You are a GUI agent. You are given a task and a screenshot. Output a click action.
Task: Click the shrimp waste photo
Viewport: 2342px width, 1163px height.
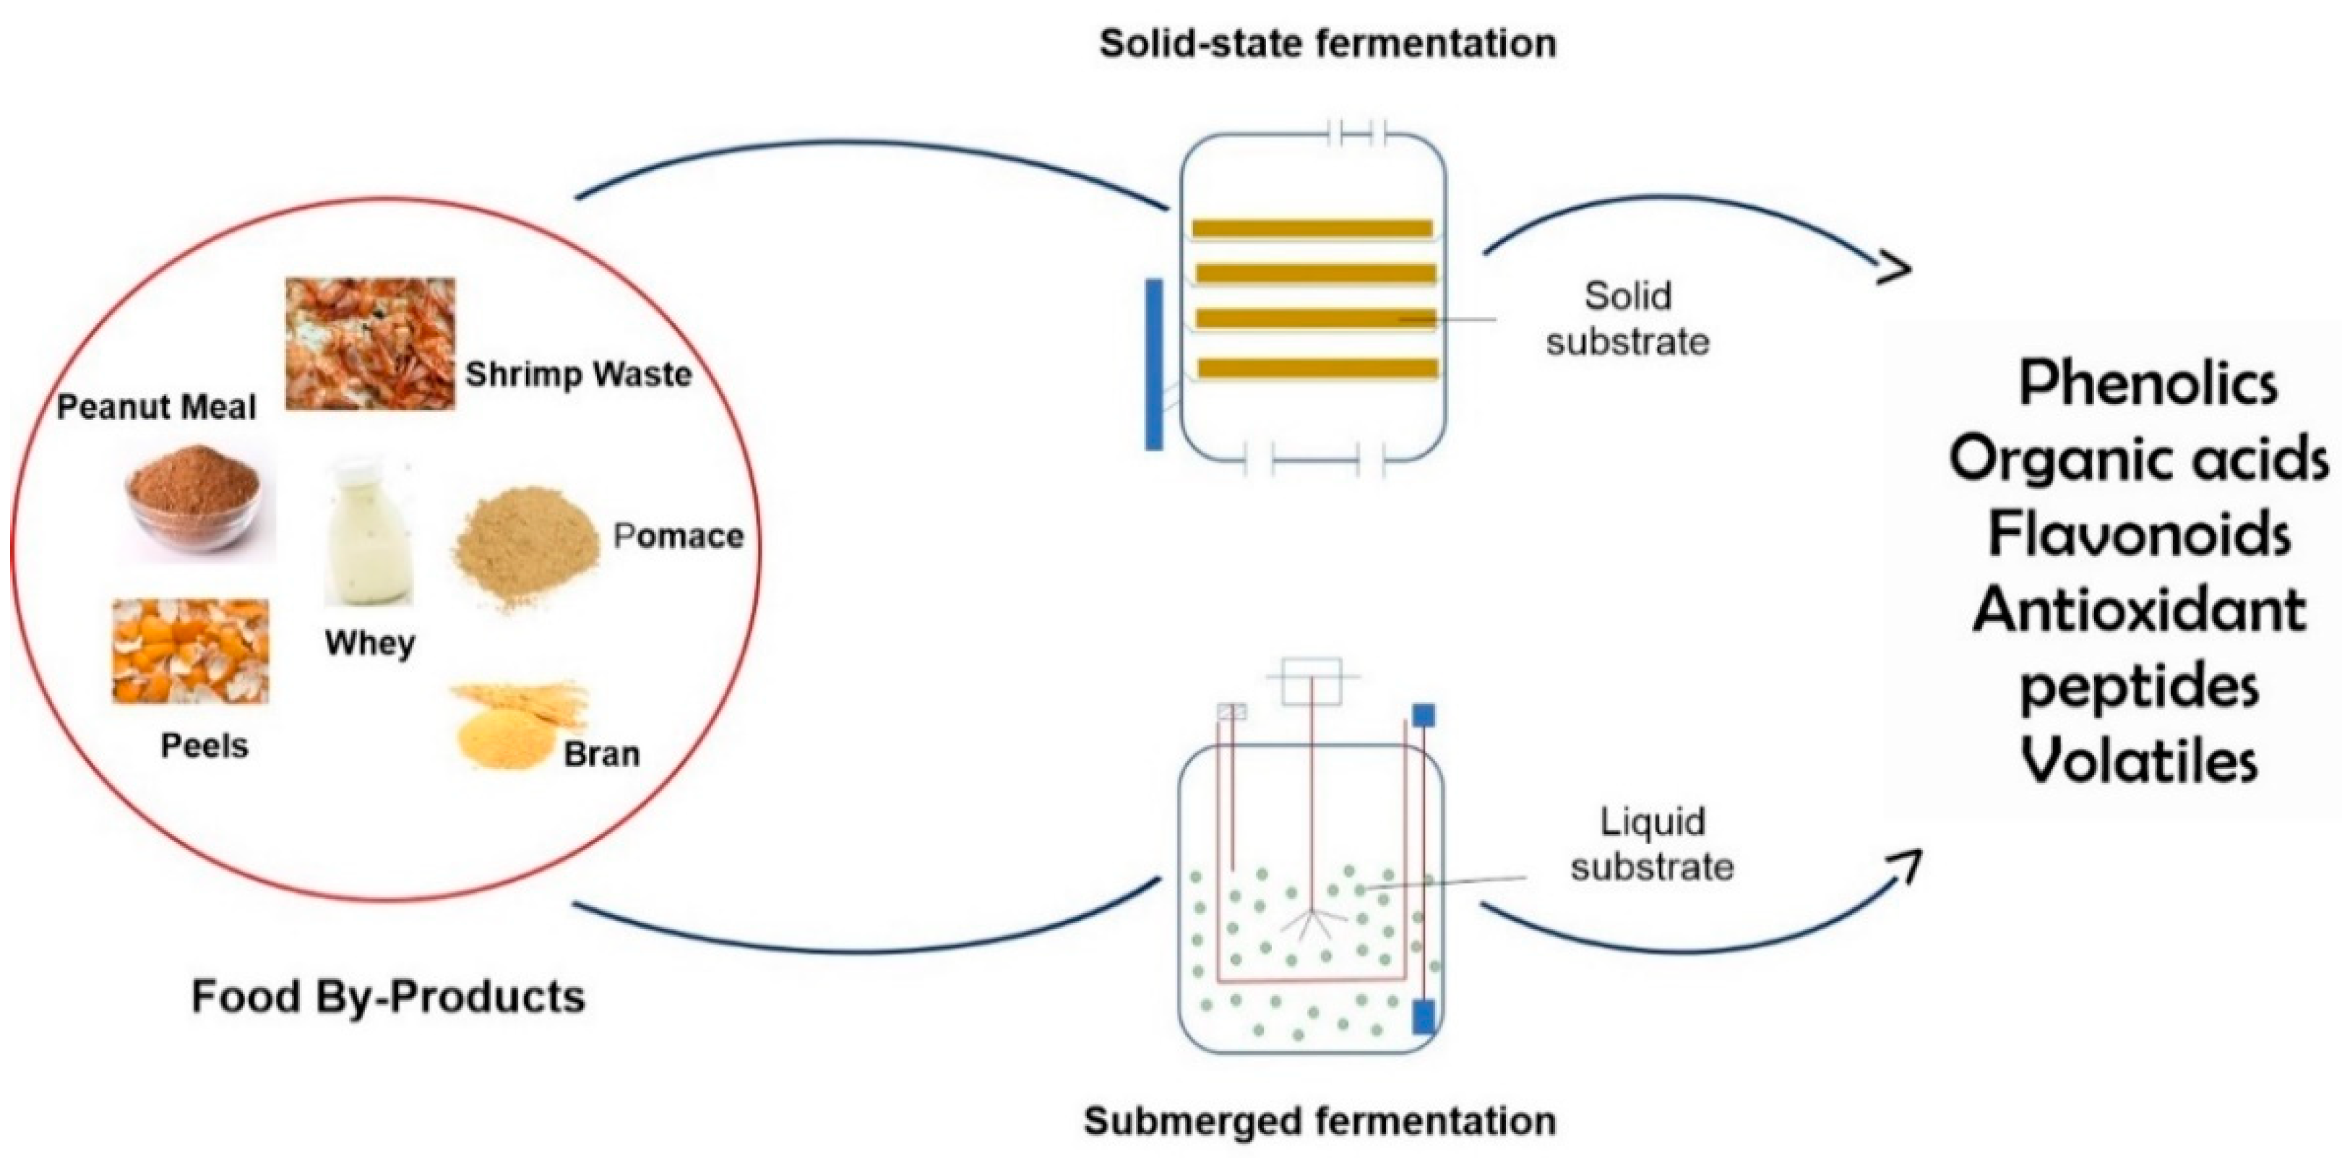click(370, 344)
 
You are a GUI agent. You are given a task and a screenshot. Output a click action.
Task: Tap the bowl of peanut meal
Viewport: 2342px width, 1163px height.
click(194, 498)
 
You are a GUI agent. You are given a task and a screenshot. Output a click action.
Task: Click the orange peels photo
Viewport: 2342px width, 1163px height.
click(190, 651)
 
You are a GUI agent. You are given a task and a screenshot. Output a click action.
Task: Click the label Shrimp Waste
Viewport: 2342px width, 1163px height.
click(578, 374)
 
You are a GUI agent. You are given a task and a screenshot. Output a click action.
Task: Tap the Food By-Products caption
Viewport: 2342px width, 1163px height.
click(388, 996)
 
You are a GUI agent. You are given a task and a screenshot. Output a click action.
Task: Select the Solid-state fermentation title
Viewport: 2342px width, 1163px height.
click(1327, 43)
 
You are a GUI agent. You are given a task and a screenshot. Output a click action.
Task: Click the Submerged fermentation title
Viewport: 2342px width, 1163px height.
click(1319, 1120)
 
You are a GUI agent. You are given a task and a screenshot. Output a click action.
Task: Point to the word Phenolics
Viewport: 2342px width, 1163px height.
click(2148, 383)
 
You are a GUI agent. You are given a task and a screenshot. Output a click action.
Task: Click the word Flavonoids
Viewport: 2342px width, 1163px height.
click(2138, 533)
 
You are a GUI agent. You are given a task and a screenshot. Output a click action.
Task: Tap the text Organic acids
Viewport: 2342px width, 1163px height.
click(2138, 458)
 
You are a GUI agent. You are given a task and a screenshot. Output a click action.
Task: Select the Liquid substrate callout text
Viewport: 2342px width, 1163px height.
click(1652, 844)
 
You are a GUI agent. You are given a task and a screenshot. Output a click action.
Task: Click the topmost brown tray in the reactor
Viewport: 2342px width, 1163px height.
click(1312, 228)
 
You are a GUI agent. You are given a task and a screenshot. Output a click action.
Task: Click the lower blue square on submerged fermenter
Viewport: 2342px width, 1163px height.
click(1424, 1016)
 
